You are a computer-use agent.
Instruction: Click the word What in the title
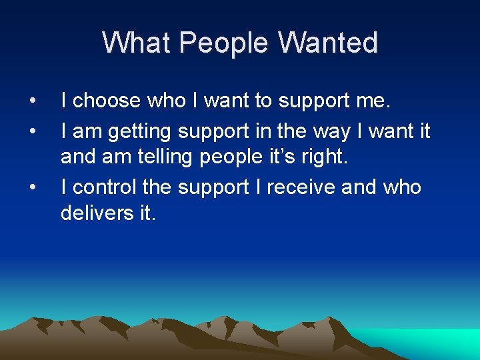[x=137, y=43]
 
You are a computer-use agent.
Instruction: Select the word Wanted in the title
[x=328, y=43]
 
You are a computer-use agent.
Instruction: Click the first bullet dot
[x=33, y=101]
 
